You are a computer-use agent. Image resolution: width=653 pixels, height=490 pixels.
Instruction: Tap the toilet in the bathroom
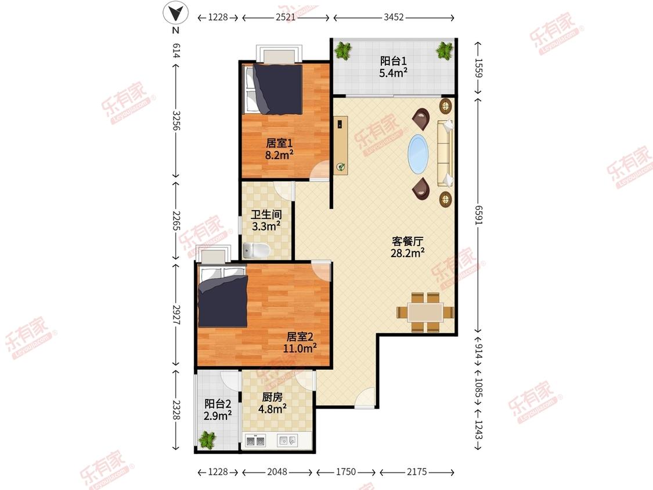257,250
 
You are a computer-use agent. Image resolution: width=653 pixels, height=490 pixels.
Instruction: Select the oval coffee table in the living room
418,154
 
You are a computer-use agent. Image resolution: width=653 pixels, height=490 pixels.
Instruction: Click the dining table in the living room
425,312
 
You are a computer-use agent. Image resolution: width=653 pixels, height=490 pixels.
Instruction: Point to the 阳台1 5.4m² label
393,67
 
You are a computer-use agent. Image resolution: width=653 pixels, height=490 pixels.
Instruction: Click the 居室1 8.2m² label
279,149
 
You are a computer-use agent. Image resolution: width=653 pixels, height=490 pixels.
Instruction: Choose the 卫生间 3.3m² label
266,221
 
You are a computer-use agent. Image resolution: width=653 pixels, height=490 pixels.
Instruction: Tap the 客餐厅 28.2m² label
407,247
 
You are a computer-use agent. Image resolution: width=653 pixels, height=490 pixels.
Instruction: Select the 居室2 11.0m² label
300,343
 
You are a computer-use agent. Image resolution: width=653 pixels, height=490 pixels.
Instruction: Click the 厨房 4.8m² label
272,403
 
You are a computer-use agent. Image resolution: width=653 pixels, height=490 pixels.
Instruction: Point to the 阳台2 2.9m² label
218,409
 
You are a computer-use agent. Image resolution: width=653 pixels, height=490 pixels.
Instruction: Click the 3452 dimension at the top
394,17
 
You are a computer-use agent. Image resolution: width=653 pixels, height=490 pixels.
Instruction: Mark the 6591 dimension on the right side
478,215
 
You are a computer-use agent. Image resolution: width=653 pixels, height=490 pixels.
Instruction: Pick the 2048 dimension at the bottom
277,471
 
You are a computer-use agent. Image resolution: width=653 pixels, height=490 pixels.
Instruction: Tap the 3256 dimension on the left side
176,120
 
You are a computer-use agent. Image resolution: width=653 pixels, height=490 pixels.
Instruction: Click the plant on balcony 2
207,439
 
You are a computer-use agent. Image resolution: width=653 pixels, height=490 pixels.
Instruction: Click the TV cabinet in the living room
341,145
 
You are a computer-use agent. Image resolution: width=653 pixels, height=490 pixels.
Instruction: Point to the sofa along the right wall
445,153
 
